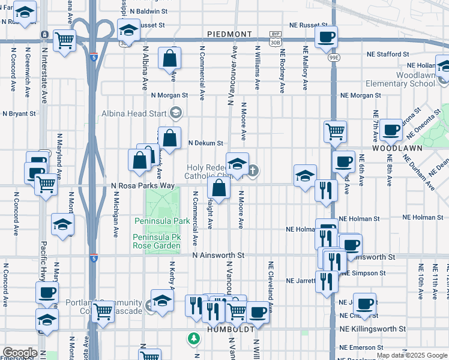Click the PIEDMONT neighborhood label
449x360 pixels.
coord(229,34)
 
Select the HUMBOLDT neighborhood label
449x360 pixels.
coord(228,329)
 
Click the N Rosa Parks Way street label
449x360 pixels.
coord(143,186)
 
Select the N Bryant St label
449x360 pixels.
coord(19,113)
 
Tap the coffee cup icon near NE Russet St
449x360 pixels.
coord(327,37)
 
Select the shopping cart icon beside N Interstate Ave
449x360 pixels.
coord(64,41)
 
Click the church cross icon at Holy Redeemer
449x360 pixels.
coord(253,171)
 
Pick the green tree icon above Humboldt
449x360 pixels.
coord(193,339)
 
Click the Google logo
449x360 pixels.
coord(20,353)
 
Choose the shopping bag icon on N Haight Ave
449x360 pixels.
coord(219,188)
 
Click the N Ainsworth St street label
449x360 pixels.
coord(218,255)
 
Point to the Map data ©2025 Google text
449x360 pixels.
coord(411,355)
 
